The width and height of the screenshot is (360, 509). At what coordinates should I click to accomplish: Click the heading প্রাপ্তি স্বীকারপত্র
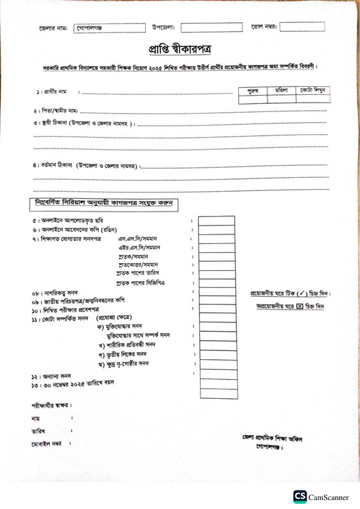click(x=179, y=50)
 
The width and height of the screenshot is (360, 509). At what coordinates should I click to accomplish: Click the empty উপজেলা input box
click(x=212, y=27)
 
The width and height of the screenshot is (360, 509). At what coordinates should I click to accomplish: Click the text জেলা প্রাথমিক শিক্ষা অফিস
click(x=268, y=438)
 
